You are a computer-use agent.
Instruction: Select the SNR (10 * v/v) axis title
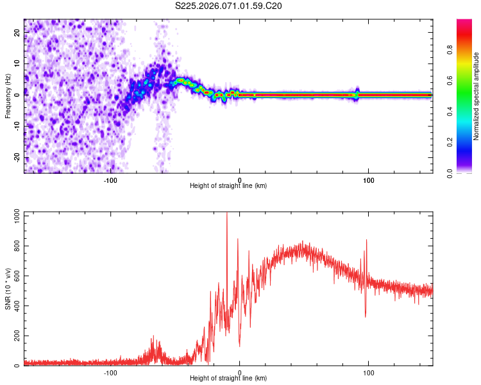click(x=8, y=289)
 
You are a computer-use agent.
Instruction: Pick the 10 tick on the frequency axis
click(x=17, y=64)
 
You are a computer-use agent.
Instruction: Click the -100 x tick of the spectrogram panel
click(x=110, y=180)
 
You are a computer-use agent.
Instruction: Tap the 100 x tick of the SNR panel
click(x=369, y=373)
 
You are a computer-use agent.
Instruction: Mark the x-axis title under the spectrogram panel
click(x=228, y=186)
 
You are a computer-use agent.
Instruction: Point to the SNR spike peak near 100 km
click(x=366, y=241)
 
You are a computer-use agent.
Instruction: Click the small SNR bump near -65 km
click(x=154, y=338)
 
